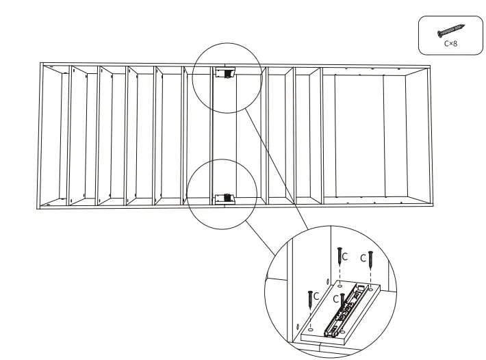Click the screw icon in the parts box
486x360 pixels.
[451, 31]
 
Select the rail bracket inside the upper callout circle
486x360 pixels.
[225, 72]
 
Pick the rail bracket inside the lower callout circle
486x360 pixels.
[225, 198]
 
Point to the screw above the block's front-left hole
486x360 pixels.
[311, 298]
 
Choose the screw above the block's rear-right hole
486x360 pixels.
[370, 259]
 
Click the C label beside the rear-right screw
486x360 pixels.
[363, 259]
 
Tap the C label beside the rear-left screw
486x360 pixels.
[346, 257]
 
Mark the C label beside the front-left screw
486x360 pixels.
[318, 296]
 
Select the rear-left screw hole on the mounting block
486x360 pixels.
[340, 287]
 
